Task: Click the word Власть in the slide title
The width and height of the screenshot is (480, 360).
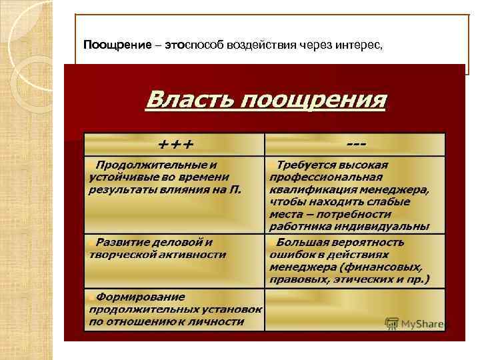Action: [x=189, y=101]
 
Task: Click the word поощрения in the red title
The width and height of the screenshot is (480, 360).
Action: [x=313, y=101]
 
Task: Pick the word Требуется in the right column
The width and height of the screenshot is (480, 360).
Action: [x=306, y=165]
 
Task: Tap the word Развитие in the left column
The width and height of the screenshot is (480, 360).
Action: [x=122, y=241]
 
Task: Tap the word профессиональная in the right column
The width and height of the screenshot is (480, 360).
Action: [x=326, y=177]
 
